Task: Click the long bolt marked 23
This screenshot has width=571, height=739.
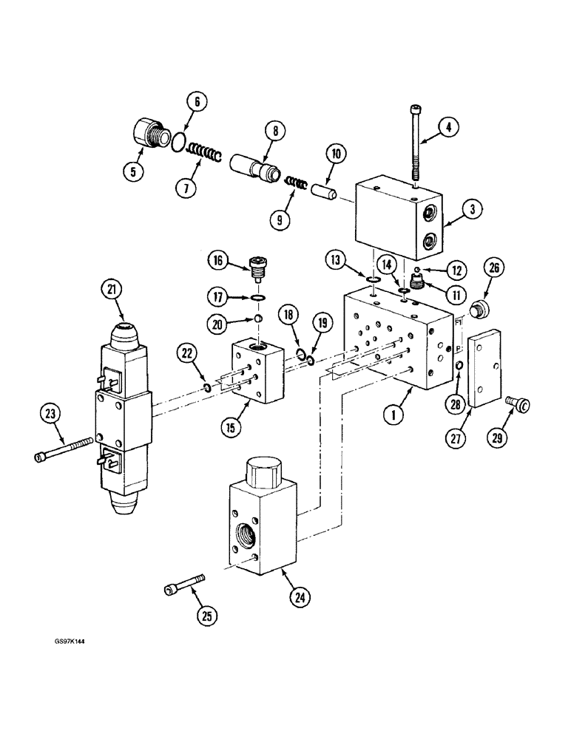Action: (67, 449)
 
